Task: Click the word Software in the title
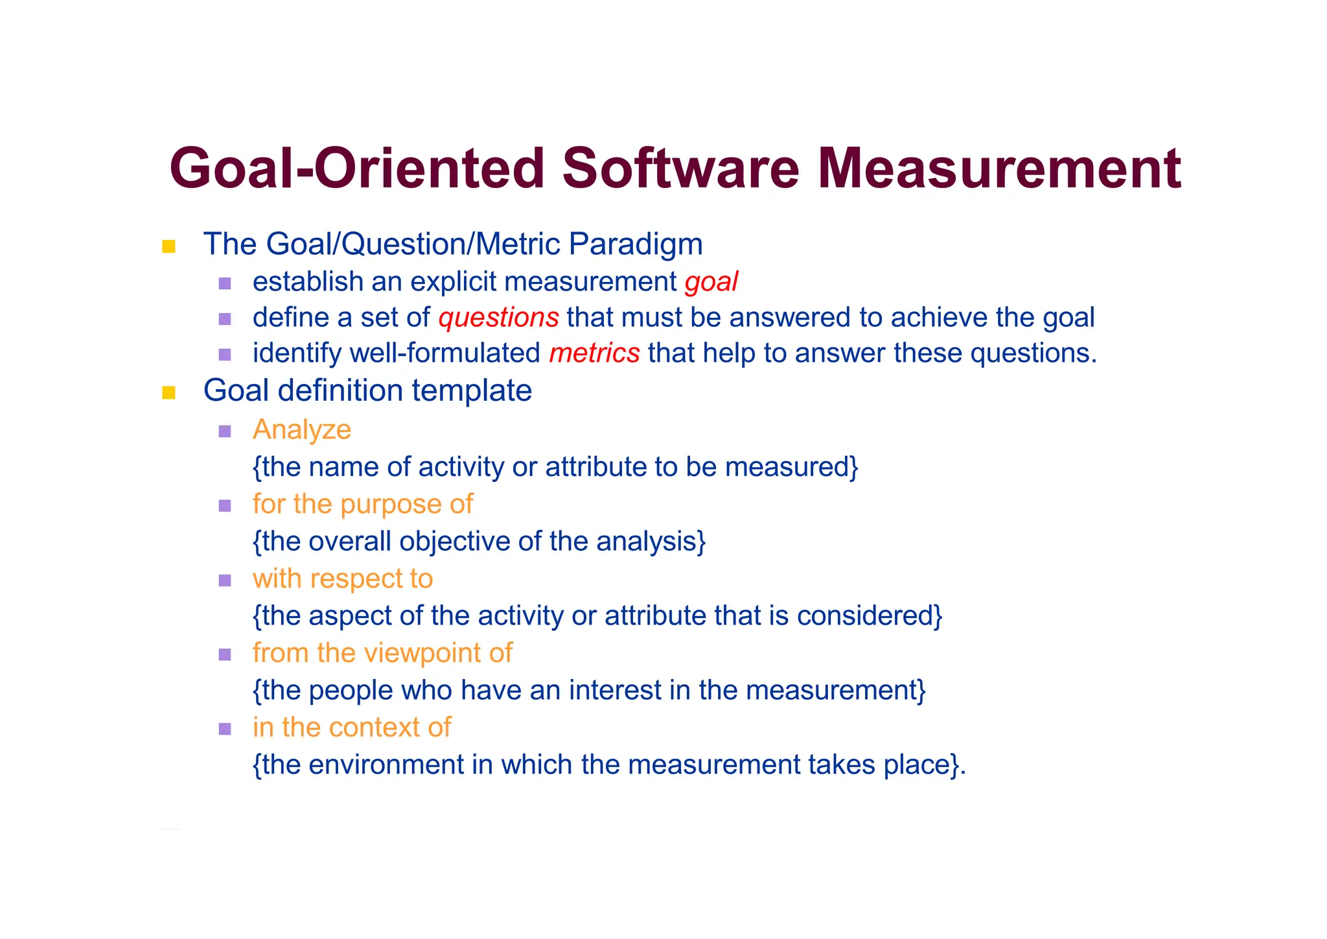point(680,169)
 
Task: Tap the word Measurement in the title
point(998,169)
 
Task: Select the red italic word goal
point(711,282)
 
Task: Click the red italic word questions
point(498,318)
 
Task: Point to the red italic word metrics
point(594,353)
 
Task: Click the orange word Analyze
point(302,430)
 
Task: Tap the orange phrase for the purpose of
point(363,505)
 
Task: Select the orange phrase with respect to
point(343,578)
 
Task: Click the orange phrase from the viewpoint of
point(382,653)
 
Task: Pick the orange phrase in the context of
point(352,728)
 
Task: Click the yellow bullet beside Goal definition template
point(169,392)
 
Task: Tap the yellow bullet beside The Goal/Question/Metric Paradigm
point(169,246)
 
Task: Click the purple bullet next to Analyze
point(225,431)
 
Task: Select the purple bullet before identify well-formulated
point(225,355)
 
